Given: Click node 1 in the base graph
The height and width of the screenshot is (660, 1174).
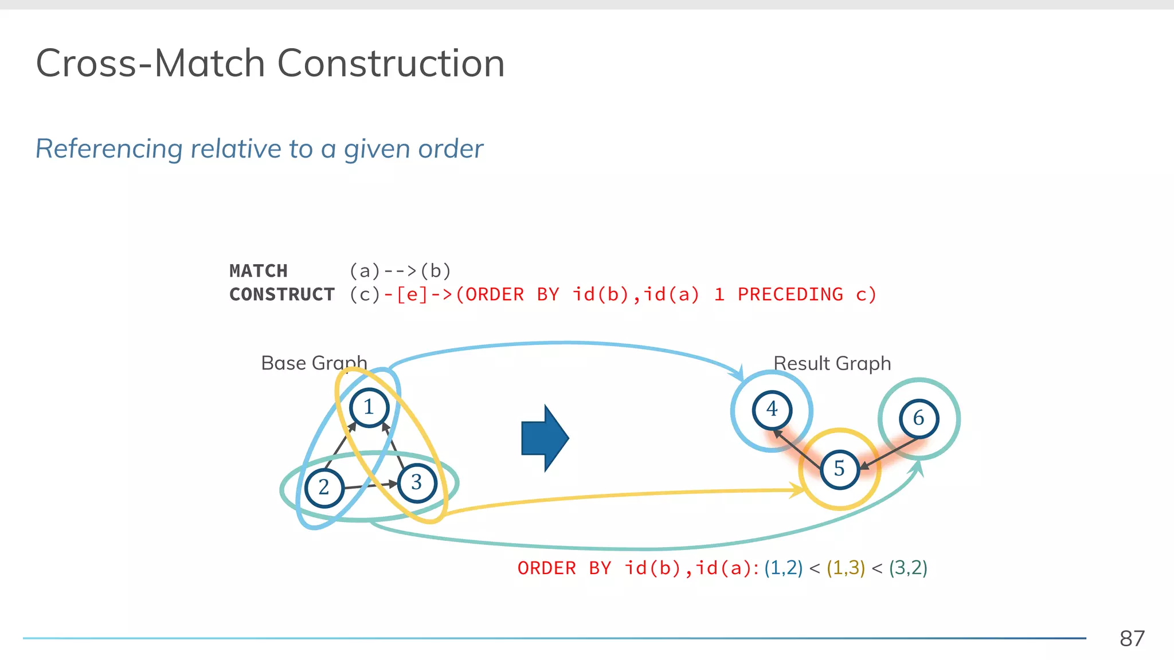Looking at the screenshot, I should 369,407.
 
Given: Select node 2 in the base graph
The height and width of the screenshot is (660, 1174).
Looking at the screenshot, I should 324,488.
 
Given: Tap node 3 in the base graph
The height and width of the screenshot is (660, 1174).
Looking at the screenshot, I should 417,483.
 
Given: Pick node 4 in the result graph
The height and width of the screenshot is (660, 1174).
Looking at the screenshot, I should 772,410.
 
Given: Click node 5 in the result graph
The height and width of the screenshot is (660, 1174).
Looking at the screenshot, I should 839,469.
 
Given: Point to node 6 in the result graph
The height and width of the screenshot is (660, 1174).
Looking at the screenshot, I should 918,418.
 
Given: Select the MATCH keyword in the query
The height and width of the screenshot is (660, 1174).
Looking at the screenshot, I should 259,270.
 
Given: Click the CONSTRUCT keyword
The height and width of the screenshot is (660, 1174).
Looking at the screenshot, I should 282,294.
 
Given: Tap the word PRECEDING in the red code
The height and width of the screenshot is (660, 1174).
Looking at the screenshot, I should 790,294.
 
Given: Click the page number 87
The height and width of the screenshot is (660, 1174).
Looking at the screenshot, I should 1132,638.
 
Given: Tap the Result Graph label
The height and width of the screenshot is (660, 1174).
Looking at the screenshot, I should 832,364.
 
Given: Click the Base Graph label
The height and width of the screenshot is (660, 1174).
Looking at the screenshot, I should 314,363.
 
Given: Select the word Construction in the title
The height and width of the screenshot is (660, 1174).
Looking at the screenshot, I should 391,63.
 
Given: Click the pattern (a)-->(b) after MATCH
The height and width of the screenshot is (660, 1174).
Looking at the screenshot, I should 400,270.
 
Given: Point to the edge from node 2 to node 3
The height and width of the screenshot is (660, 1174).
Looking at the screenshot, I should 370,486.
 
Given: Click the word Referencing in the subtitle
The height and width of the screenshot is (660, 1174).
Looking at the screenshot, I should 109,149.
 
